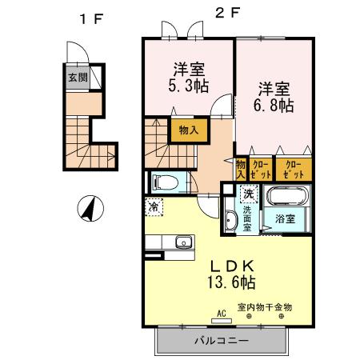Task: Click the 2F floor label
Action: tap(226, 12)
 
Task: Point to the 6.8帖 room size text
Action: tap(274, 104)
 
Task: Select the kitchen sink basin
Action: tap(182, 242)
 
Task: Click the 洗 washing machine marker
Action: tap(249, 193)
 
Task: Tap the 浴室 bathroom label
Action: tap(286, 218)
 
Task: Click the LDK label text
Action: tap(232, 266)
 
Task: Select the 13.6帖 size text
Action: tap(232, 283)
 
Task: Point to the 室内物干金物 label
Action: tap(266, 307)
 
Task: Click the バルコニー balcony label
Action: tap(222, 341)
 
